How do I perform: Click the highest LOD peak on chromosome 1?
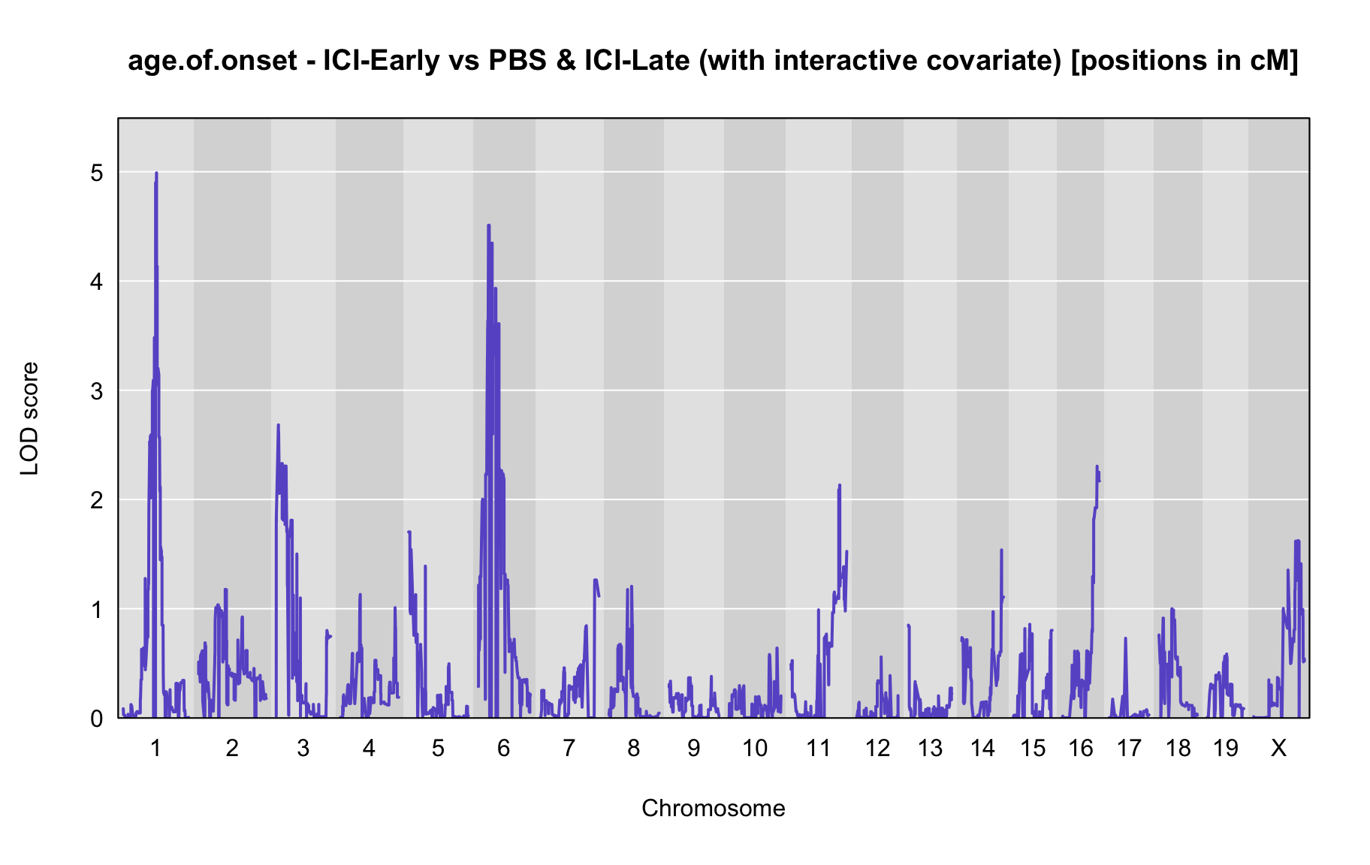156,173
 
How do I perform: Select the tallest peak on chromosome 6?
488,225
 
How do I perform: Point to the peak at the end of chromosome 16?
1097,467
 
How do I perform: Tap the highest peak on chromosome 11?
840,486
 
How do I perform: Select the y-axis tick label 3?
97,391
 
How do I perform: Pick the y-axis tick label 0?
97,719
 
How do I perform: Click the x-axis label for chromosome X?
1278,748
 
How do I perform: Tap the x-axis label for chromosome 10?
755,748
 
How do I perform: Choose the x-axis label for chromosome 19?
1225,748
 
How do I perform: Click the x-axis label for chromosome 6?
503,748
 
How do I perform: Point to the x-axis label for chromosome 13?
930,748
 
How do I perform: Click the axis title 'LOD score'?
30,418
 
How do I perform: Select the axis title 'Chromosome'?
714,808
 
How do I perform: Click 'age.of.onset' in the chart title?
213,60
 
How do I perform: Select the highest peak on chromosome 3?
278,426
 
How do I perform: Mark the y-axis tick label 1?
97,610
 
